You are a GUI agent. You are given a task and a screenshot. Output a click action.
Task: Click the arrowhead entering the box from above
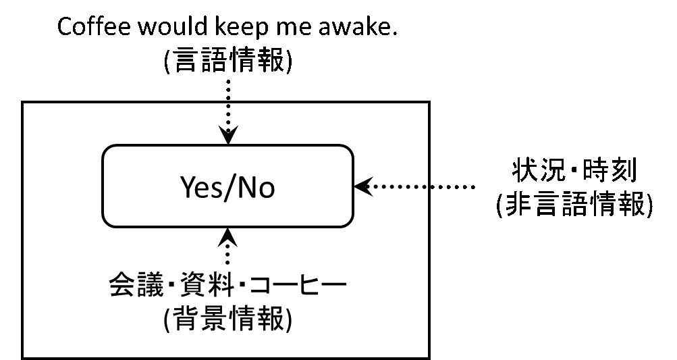coord(228,138)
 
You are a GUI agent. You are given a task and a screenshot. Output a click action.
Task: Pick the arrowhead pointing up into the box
coord(228,236)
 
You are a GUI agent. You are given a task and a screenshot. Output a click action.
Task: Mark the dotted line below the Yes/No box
coord(228,255)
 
